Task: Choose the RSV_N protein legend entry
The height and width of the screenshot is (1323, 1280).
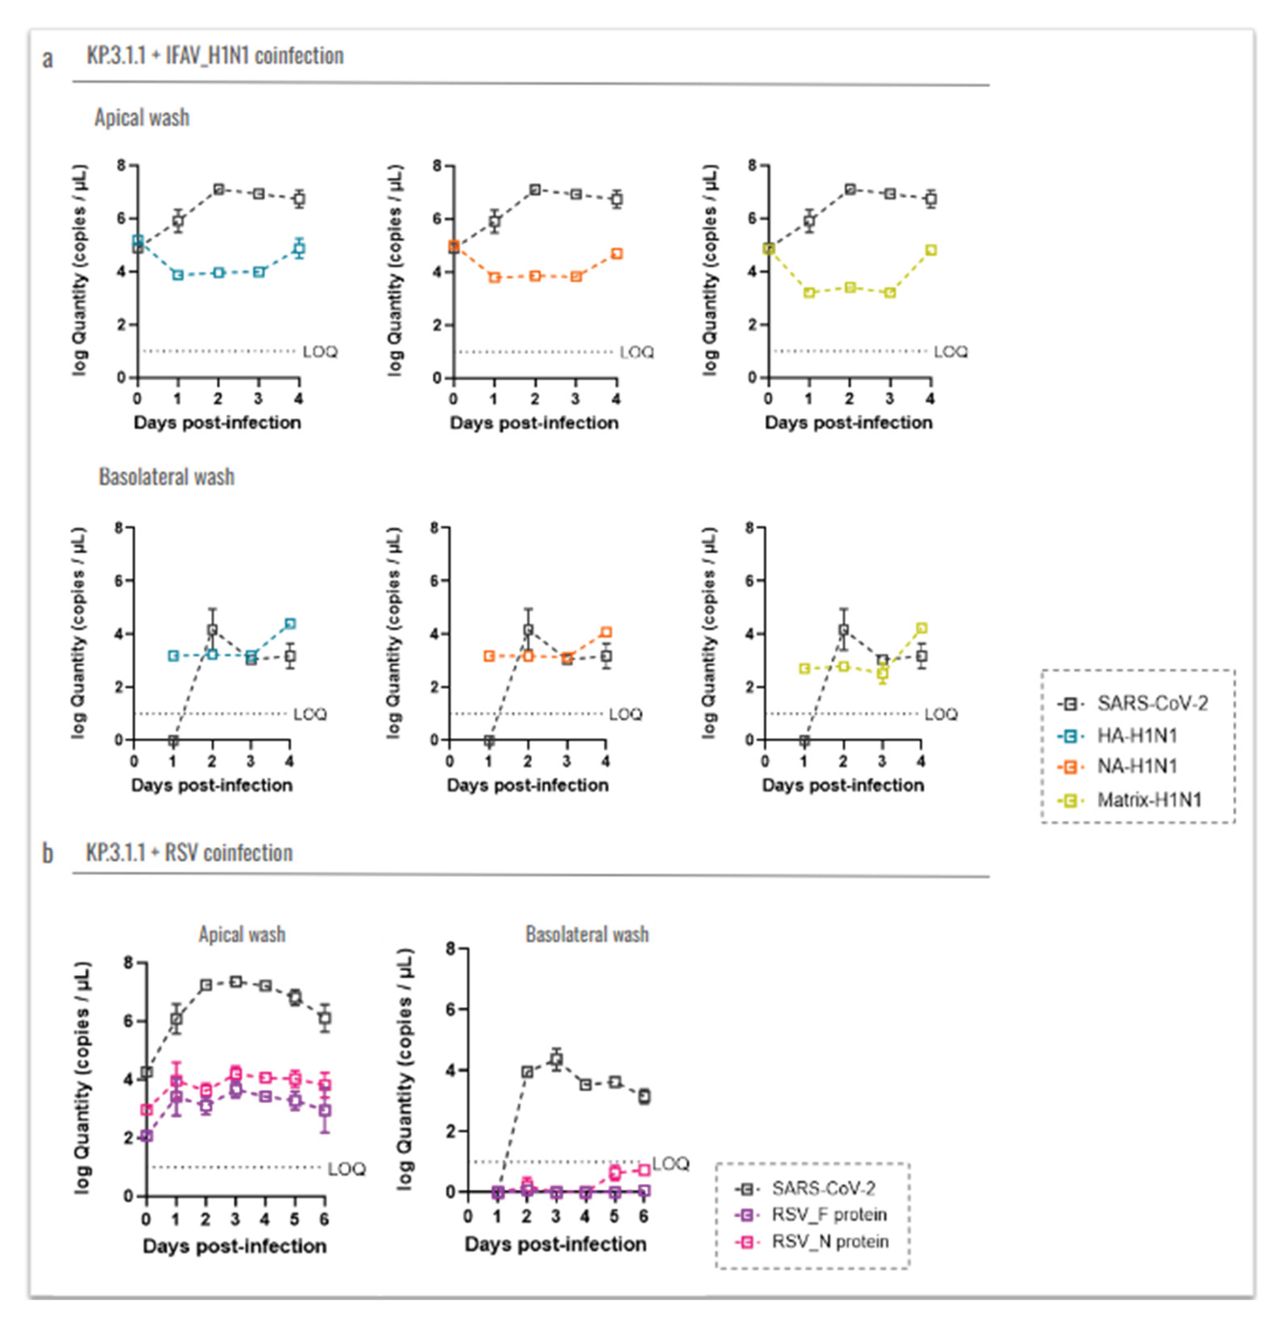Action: point(829,1241)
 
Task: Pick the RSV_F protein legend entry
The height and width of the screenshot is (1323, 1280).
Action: point(829,1214)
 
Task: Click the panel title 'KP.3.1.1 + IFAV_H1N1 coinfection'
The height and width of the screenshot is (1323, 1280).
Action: point(215,55)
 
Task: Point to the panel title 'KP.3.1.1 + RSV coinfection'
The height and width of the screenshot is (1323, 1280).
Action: point(189,853)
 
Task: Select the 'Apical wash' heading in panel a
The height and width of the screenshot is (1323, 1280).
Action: point(142,117)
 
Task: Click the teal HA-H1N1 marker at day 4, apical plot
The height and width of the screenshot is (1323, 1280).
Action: point(299,248)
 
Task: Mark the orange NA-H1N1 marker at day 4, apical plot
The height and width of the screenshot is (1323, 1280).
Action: point(616,254)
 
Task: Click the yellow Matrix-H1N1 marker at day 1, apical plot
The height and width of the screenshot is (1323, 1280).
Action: point(809,292)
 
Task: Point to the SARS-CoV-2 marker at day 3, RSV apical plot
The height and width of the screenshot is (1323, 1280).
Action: point(235,981)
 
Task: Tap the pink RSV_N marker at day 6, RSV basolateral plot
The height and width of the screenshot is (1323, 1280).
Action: point(645,1170)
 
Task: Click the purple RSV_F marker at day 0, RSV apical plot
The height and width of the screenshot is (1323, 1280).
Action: point(146,1136)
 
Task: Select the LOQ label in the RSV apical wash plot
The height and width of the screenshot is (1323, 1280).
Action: point(347,1169)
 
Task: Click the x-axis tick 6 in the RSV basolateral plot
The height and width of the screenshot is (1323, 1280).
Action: point(644,1216)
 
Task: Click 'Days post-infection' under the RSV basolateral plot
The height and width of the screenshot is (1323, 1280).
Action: point(555,1244)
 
